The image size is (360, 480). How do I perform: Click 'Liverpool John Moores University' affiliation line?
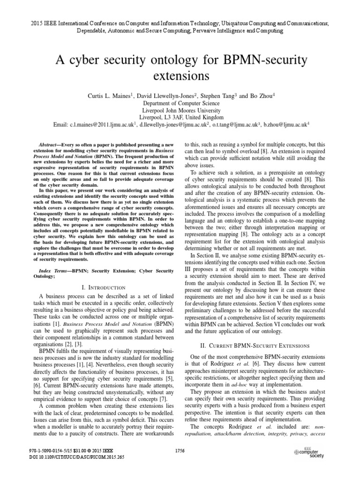[x=180, y=110]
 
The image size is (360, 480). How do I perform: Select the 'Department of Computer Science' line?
[x=180, y=103]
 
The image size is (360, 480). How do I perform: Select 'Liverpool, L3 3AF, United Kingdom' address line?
[x=180, y=117]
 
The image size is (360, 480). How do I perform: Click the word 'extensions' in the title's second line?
[x=180, y=75]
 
